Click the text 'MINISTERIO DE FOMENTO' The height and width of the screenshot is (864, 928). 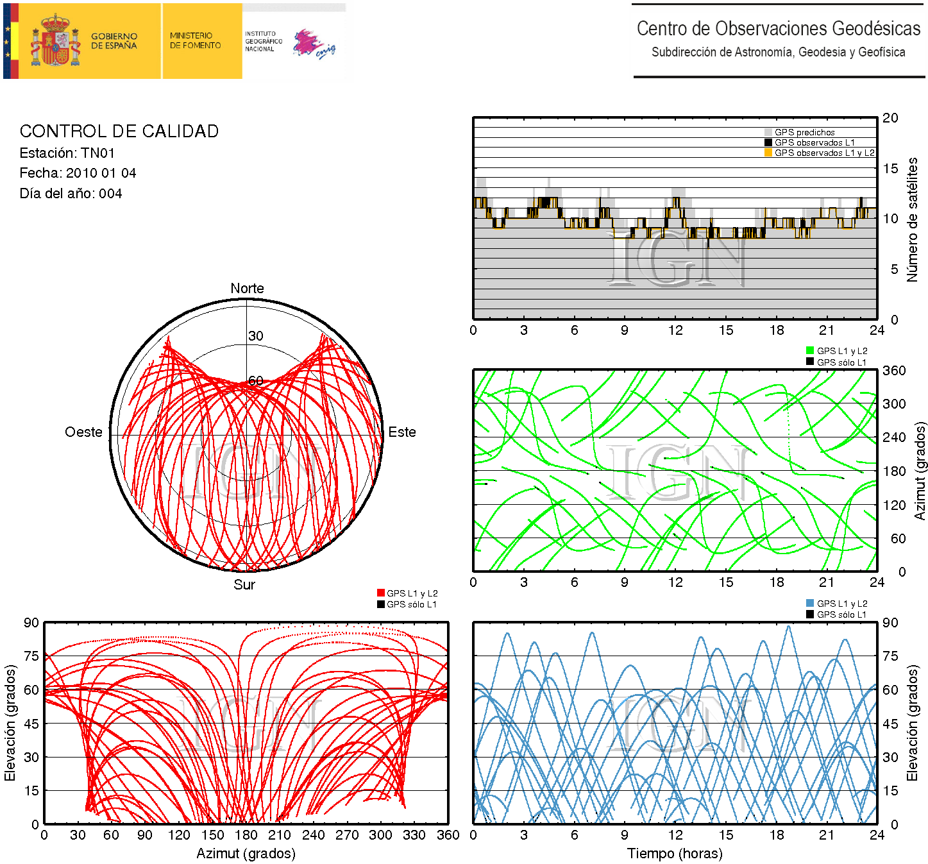tap(195, 40)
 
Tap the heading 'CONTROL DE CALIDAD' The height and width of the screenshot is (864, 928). tap(119, 131)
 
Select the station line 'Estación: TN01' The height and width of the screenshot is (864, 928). tap(67, 153)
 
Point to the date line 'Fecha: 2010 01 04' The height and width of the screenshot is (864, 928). tap(78, 173)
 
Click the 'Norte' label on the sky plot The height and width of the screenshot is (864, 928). tap(247, 288)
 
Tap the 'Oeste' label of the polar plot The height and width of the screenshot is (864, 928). tap(83, 432)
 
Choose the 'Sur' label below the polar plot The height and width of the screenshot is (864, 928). tap(244, 584)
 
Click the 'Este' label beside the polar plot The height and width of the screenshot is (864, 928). tap(402, 432)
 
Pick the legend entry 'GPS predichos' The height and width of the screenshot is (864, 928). tap(804, 132)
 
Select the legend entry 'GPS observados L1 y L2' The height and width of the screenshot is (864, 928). tap(823, 153)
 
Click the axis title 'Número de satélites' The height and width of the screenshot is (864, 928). tap(912, 219)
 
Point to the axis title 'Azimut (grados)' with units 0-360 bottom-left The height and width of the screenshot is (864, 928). tap(246, 853)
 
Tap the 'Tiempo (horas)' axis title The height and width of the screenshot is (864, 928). tap(675, 853)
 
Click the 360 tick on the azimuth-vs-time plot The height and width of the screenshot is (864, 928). tap(894, 370)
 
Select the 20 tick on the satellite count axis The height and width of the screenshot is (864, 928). tap(890, 117)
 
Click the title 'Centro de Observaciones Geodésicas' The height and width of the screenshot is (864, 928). tap(779, 29)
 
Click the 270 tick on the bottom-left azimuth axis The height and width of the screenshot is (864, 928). tap(347, 834)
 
